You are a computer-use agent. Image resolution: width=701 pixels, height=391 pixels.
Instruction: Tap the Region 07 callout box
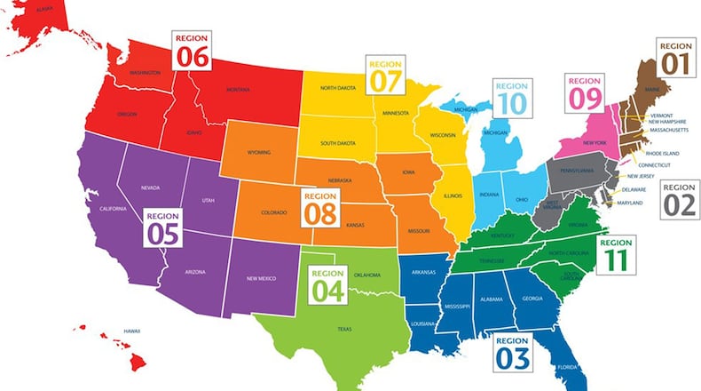coord(385,75)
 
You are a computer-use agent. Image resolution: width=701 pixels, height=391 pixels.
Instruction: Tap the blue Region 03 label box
coord(512,352)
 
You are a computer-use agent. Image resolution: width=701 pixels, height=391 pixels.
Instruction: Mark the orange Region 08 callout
coord(321,207)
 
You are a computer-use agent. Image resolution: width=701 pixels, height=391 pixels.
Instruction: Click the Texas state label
coord(343,328)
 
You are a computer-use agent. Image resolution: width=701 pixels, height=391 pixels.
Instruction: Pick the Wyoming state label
coord(259,152)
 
